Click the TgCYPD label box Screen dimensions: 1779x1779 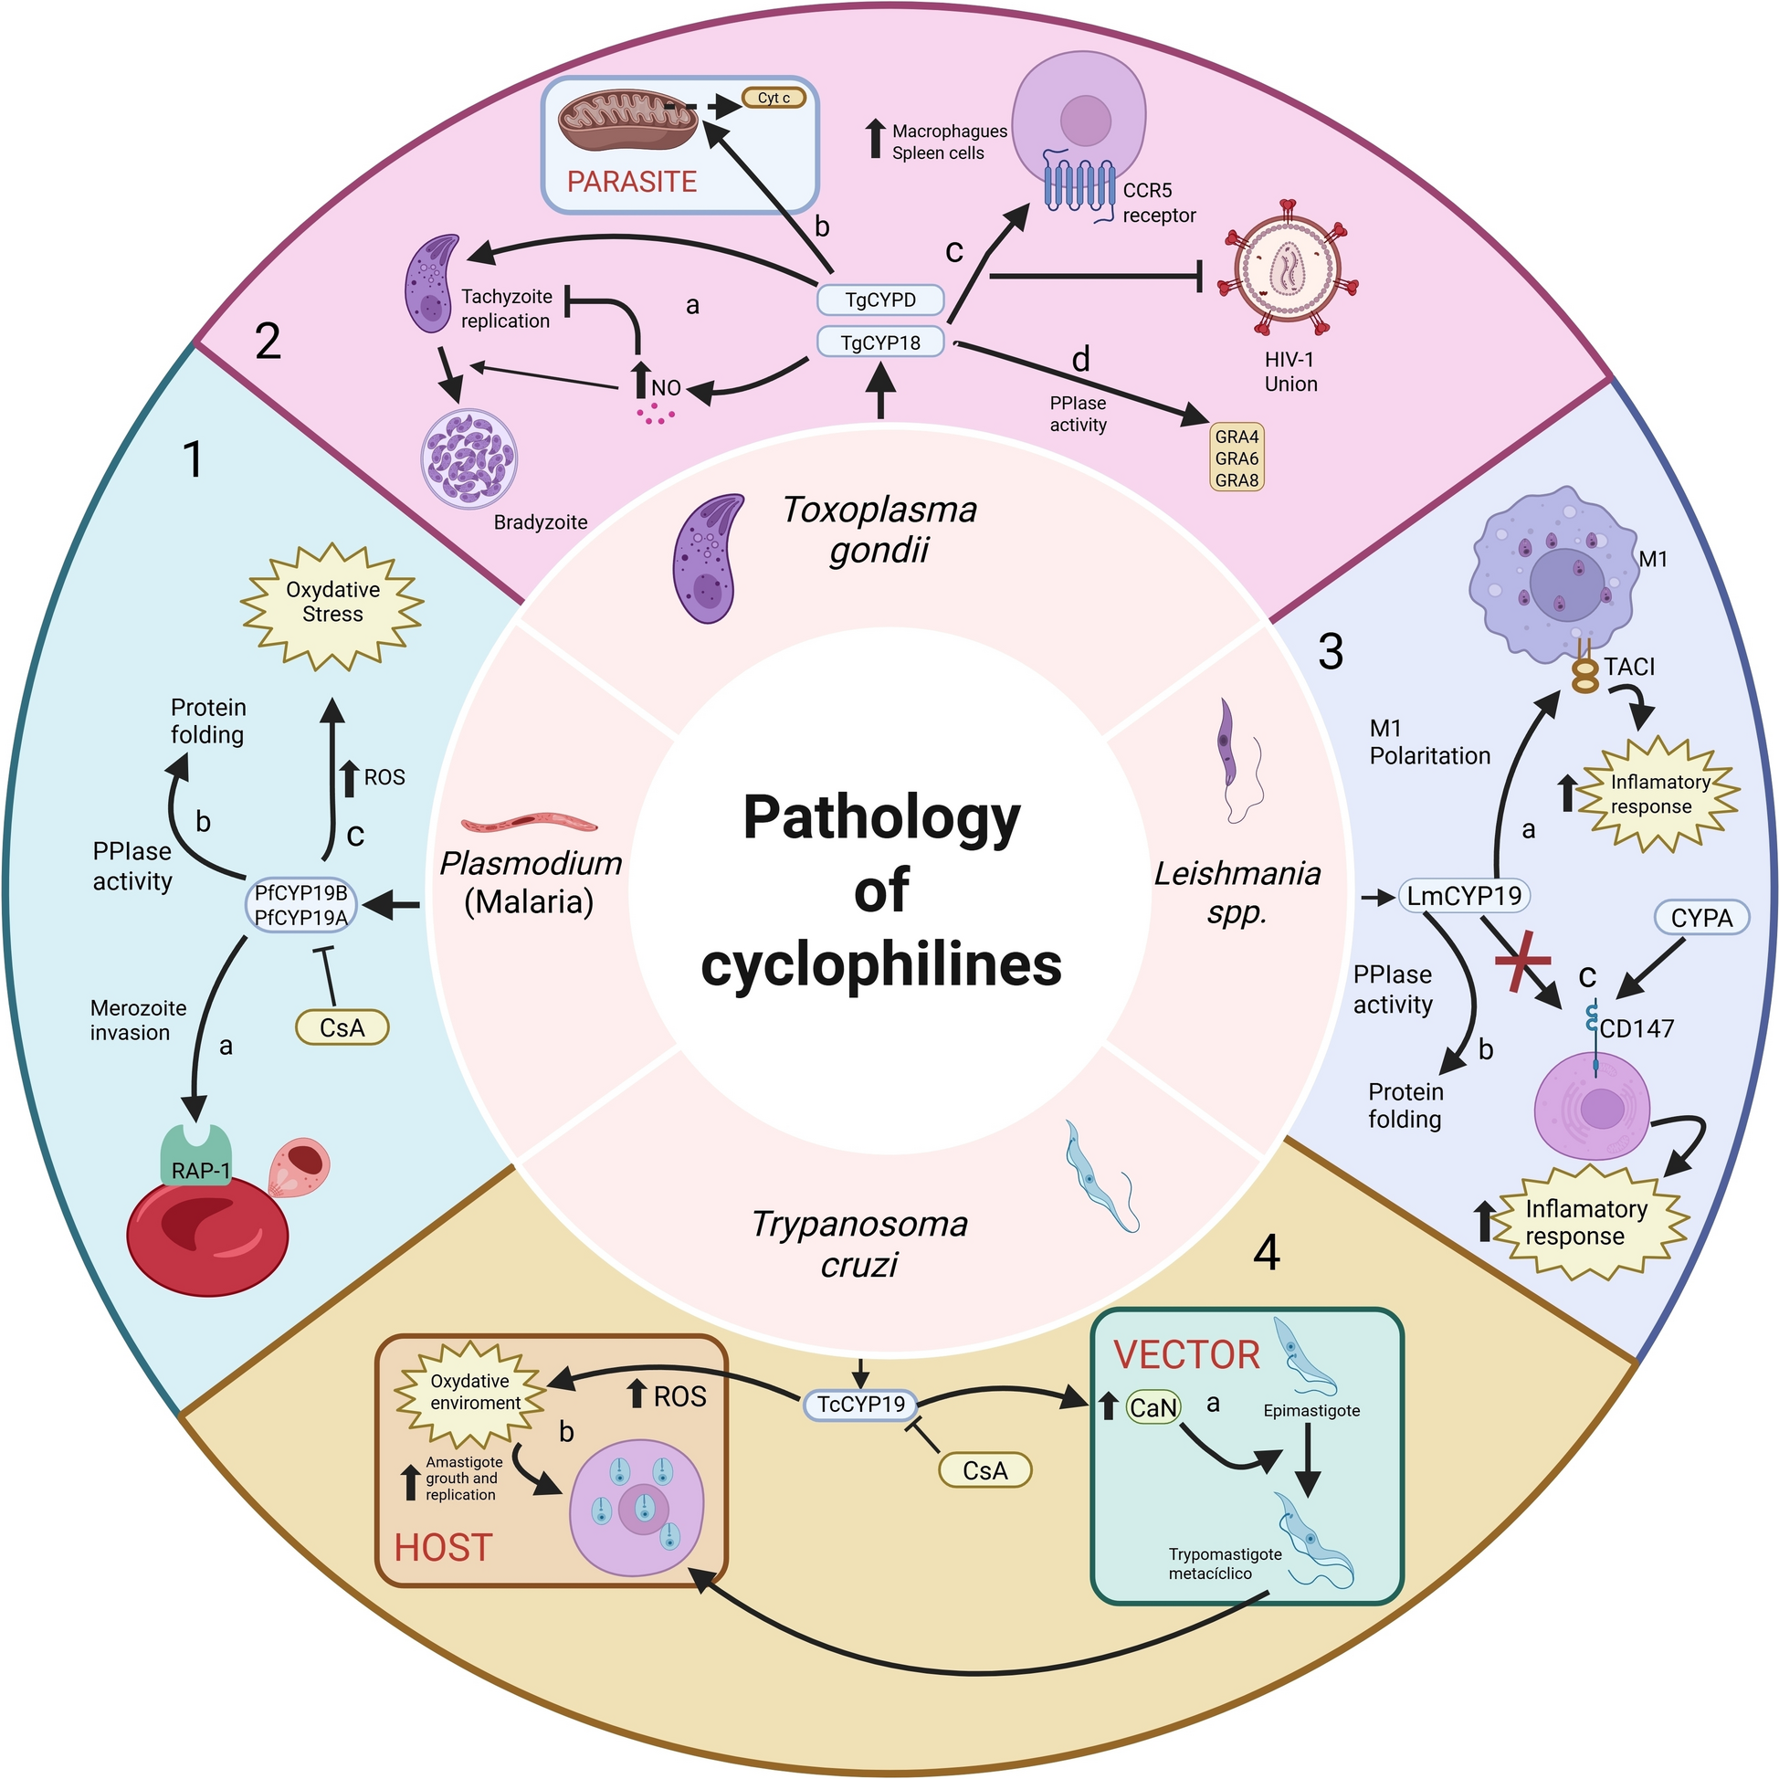point(879,300)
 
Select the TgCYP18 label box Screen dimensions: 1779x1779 point(879,342)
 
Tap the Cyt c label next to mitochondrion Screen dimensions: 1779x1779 point(774,98)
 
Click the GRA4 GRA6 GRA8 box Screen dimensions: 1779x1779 point(1236,458)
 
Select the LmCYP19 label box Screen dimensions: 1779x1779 point(1463,895)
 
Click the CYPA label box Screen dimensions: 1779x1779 point(1700,917)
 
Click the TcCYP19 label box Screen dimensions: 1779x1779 point(860,1405)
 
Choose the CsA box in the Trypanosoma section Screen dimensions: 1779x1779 point(984,1470)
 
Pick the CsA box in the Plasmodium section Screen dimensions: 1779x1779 point(342,1026)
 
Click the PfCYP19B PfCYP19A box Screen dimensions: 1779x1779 point(301,905)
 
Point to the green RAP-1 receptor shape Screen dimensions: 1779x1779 point(196,1156)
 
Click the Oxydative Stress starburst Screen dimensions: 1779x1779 point(332,603)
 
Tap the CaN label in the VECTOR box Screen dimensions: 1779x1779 point(1153,1408)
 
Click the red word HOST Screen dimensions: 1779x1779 point(443,1547)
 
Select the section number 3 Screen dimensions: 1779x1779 point(1330,652)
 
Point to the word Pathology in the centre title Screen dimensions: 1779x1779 point(881,817)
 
